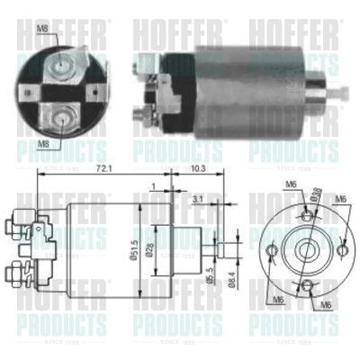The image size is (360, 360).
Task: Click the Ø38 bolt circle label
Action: tap(317, 193)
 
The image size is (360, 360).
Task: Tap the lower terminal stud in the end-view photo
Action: tap(61, 116)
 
